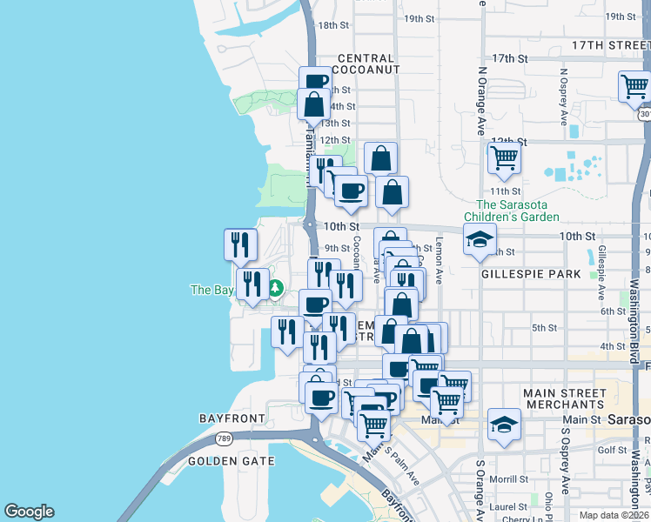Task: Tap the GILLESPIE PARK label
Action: (530, 273)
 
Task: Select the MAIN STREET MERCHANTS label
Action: (564, 399)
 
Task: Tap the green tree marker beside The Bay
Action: (276, 288)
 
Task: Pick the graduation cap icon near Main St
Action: (503, 424)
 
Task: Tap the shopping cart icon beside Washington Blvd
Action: (634, 86)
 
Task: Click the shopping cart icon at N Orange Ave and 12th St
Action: (504, 157)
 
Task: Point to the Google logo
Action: (29, 512)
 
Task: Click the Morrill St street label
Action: (509, 479)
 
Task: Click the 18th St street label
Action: (332, 25)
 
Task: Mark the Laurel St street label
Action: (508, 504)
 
